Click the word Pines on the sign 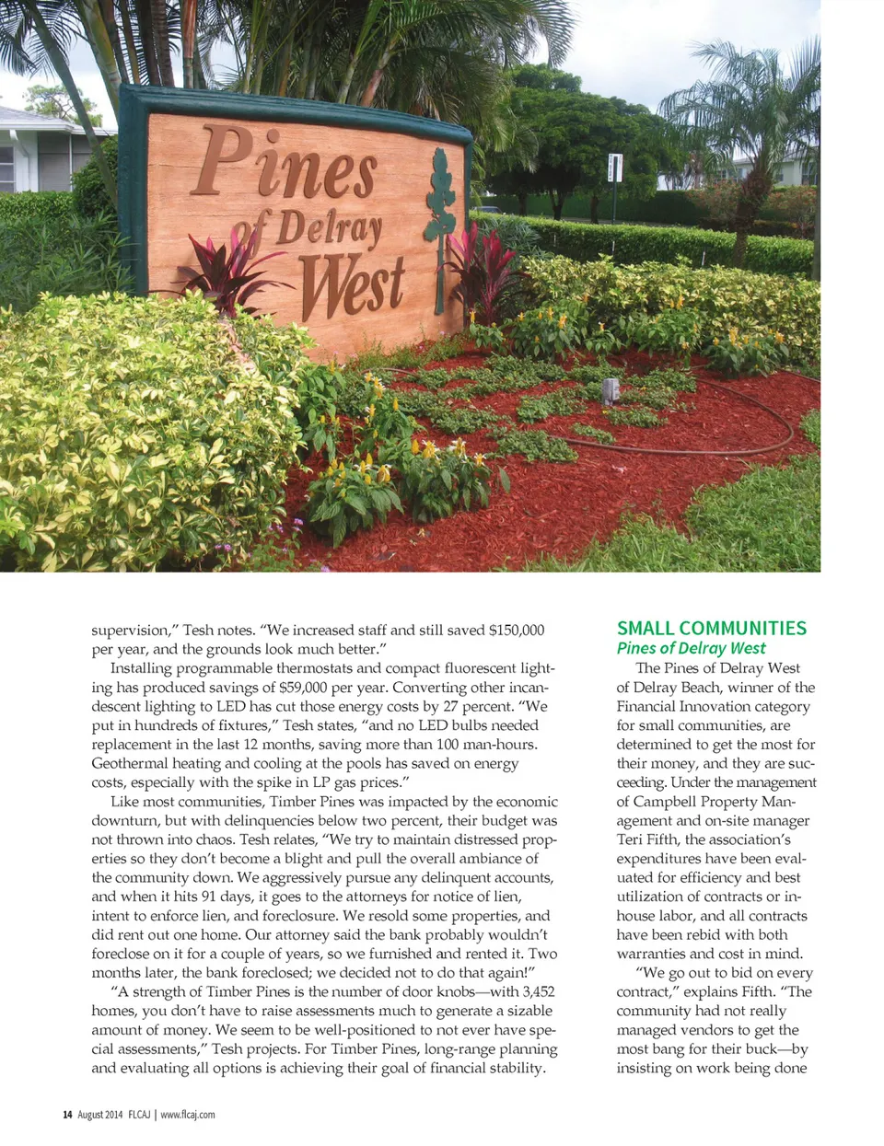click(x=285, y=166)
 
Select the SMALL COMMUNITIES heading click(x=711, y=629)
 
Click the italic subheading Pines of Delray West click(x=691, y=648)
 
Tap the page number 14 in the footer click(x=67, y=1115)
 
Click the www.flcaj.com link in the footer click(x=188, y=1115)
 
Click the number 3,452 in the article click(x=538, y=991)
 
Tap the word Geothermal click(x=129, y=763)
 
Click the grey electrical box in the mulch click(x=608, y=389)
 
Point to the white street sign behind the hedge click(x=615, y=168)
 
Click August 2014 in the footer click(x=100, y=1115)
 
